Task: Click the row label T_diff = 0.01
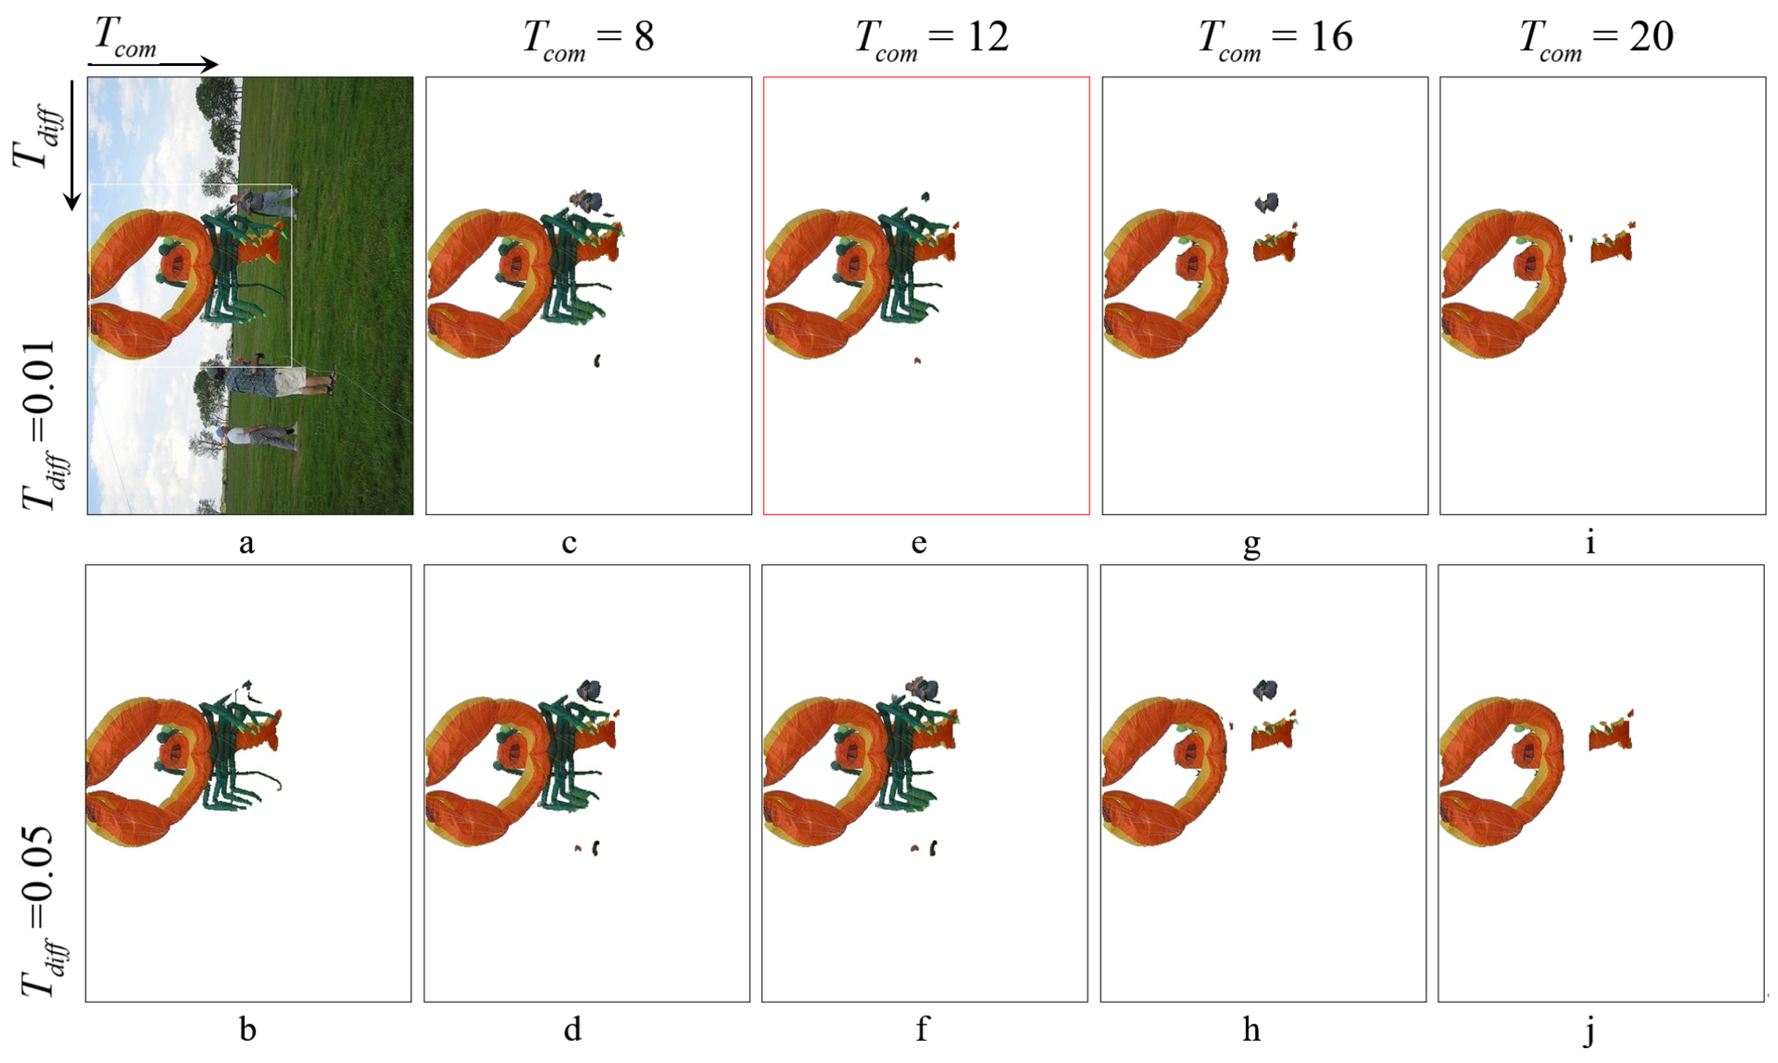[42, 424]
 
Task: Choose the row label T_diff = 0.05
[42, 911]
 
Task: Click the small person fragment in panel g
[1267, 204]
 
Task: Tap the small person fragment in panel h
[1265, 690]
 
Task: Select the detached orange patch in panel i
[1612, 244]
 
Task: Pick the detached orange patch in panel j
[1611, 731]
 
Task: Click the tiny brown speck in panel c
[597, 361]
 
